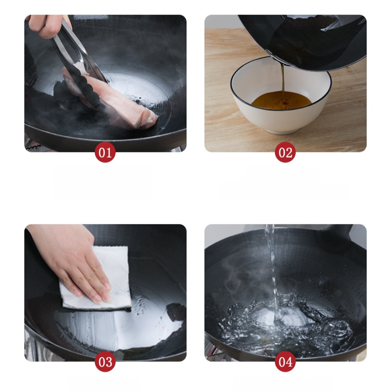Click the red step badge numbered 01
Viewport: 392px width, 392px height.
105,152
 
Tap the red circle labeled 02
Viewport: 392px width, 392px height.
285,152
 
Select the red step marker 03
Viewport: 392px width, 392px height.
105,362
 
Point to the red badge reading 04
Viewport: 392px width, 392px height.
285,362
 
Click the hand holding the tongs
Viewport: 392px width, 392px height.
48,25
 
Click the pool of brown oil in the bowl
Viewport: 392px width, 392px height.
281,100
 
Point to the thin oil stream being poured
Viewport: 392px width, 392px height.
283,80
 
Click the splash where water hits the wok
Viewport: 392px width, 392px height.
282,323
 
